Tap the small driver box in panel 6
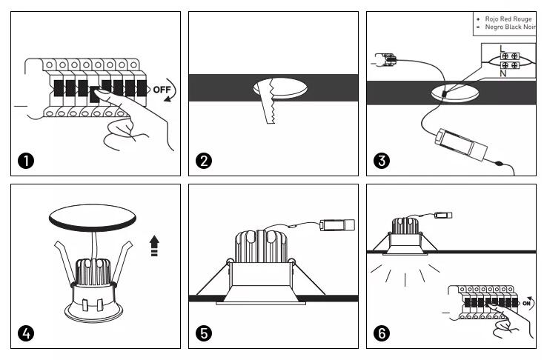click(x=443, y=216)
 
